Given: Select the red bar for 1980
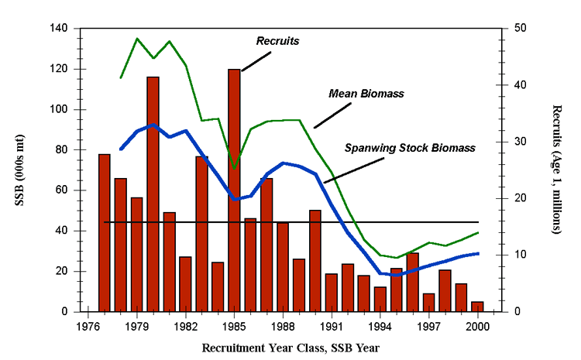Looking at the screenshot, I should [x=153, y=194].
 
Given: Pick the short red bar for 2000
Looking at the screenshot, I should [x=477, y=307].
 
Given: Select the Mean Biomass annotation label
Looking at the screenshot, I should [x=367, y=94].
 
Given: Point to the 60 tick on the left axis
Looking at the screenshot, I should [x=62, y=190].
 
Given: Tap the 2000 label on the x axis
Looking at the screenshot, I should [x=477, y=326].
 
